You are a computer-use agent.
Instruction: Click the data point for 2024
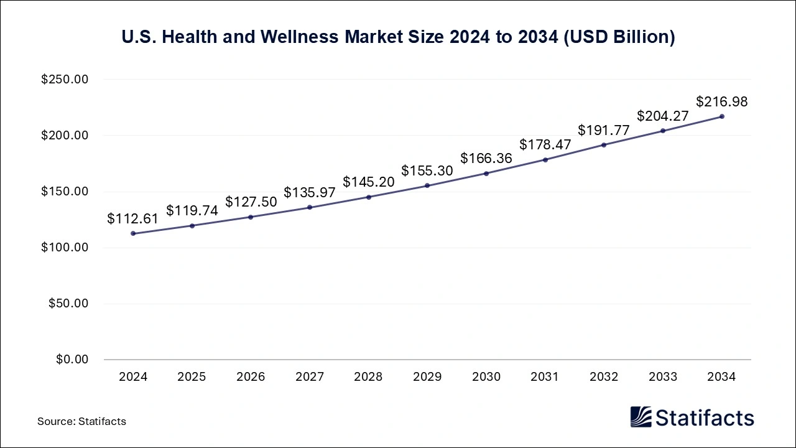(x=133, y=233)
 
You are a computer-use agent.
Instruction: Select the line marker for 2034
(x=722, y=116)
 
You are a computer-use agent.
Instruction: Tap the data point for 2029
(x=427, y=185)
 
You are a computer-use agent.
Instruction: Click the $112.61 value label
(x=132, y=218)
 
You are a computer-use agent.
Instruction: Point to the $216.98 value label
(x=721, y=101)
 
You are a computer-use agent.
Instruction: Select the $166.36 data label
(x=486, y=159)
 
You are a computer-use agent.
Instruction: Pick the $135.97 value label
(x=310, y=193)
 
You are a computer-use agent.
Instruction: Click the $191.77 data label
(x=604, y=130)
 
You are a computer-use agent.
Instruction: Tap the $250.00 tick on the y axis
(x=65, y=80)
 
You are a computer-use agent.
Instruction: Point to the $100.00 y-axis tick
(x=65, y=248)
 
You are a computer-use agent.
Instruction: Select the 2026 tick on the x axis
(x=251, y=377)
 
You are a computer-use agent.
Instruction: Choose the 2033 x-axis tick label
(x=663, y=377)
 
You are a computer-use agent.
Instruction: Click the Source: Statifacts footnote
(x=81, y=421)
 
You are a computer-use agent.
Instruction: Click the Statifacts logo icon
(x=641, y=417)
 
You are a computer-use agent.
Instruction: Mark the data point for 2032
(x=604, y=145)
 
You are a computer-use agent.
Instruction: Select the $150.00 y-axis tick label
(x=65, y=192)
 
